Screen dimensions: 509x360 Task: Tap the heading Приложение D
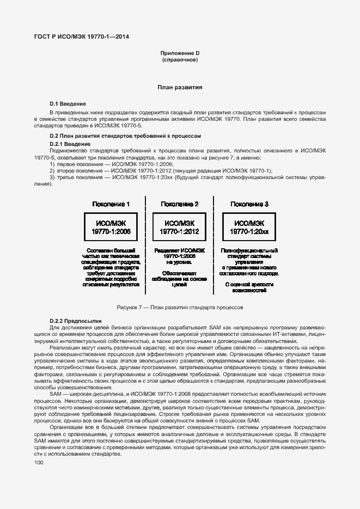[180, 53]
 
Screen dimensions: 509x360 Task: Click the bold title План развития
[180, 87]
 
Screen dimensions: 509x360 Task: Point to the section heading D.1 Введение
[68, 103]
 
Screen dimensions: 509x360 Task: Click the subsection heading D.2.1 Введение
[70, 143]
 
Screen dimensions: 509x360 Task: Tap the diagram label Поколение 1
[111, 204]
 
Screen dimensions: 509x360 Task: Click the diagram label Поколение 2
[179, 204]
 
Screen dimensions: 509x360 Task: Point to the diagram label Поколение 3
[249, 204]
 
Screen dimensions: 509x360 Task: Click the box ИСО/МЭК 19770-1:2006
[111, 227]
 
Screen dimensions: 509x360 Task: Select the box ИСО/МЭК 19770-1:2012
[180, 227]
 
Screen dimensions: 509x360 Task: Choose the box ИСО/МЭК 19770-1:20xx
[249, 227]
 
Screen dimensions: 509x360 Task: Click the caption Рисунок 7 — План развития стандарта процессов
[180, 308]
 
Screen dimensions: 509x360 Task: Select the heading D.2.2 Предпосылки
[72, 321]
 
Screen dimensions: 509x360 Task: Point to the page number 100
[38, 462]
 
